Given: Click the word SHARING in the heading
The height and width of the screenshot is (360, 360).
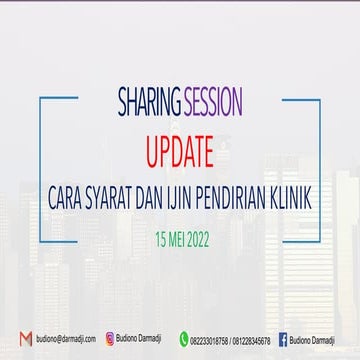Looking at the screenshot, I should pos(147,103).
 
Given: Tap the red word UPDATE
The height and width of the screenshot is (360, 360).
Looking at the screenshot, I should pos(180,152).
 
